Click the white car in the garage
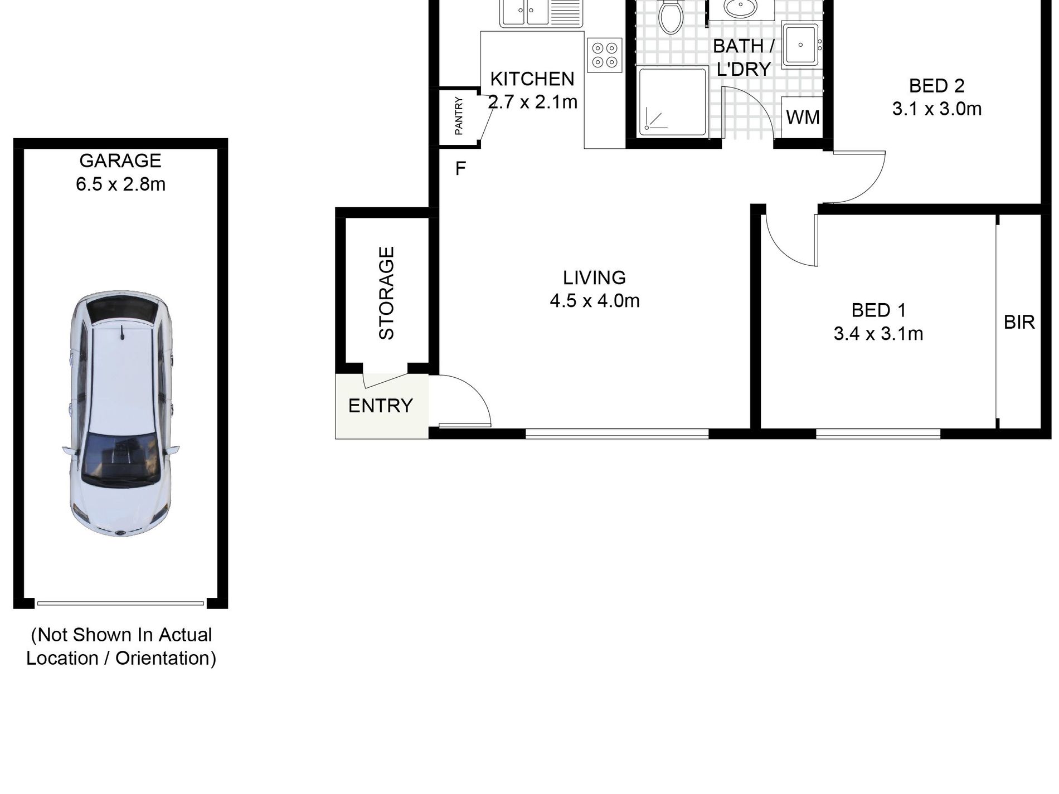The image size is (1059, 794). (x=120, y=413)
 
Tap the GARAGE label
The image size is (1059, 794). (x=120, y=160)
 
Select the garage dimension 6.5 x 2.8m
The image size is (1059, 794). (x=120, y=184)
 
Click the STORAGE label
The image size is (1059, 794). (x=386, y=293)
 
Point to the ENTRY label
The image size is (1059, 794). (x=381, y=406)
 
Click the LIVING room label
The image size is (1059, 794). (x=594, y=277)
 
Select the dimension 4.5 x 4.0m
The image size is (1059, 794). (x=594, y=301)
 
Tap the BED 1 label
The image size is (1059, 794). (x=878, y=310)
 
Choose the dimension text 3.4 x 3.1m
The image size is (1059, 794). (x=878, y=334)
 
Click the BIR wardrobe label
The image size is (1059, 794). (x=1019, y=322)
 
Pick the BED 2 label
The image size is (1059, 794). (x=936, y=86)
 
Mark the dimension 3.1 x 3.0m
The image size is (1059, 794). (x=936, y=109)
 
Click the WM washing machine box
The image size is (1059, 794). (x=803, y=117)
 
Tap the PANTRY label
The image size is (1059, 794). (x=459, y=116)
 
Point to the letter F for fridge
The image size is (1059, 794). (x=460, y=168)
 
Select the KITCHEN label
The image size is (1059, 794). (x=532, y=79)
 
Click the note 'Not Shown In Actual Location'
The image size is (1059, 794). (x=121, y=646)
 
